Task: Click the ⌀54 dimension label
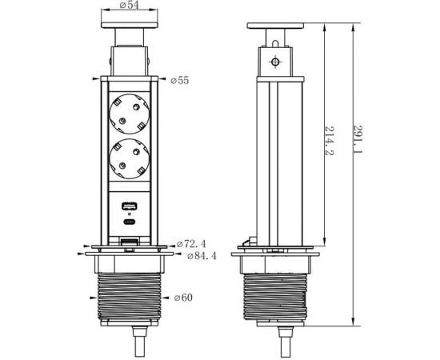130,5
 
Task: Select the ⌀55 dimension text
180,81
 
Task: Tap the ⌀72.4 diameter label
191,244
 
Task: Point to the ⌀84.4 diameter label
202,256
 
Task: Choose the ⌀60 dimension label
183,298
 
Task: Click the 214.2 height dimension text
330,141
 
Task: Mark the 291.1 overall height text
358,139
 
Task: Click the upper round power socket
129,114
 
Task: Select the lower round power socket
129,159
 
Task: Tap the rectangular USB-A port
129,206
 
